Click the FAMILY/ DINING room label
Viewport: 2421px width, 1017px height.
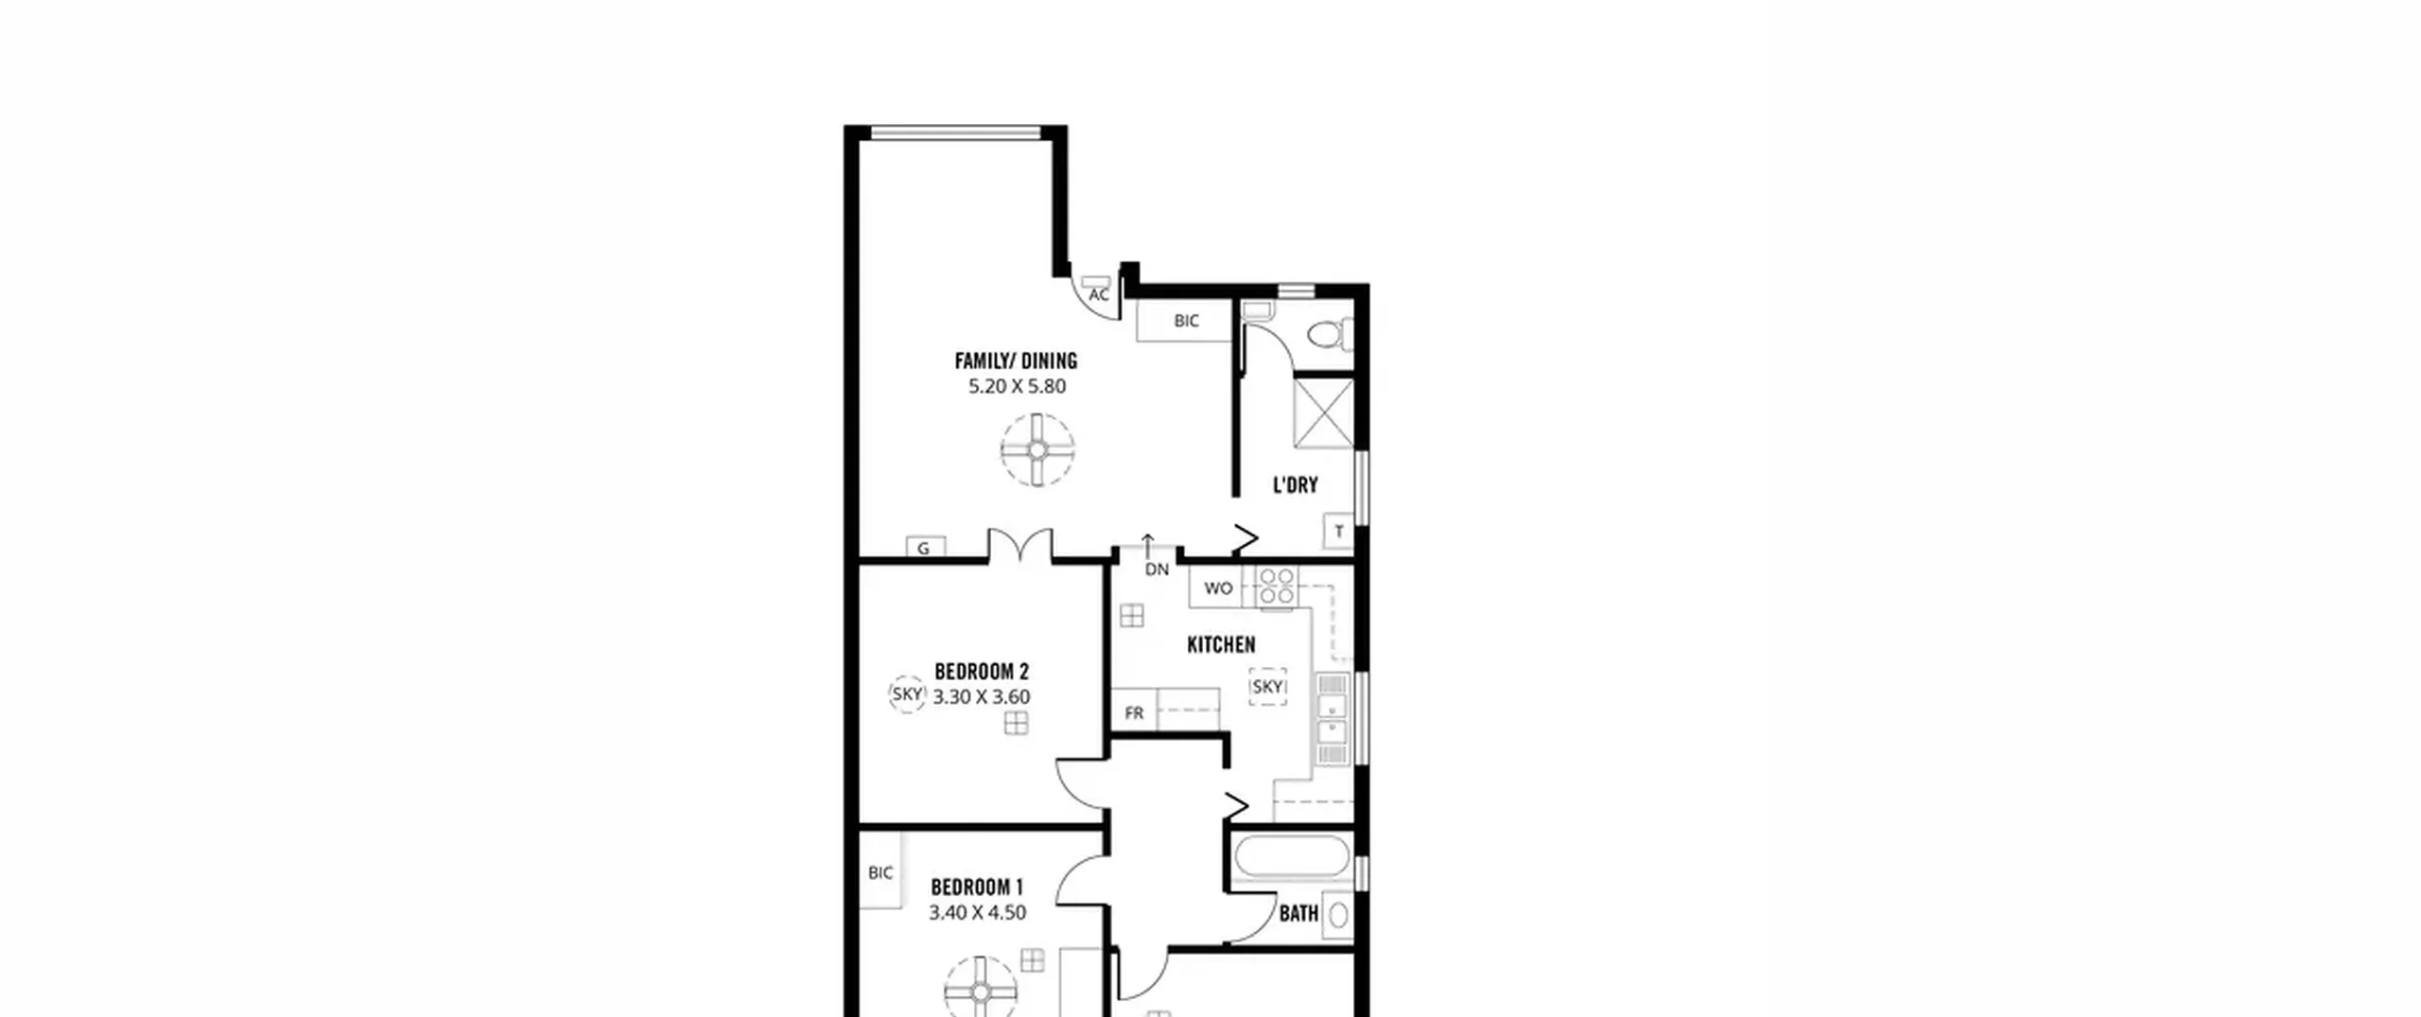coord(1016,360)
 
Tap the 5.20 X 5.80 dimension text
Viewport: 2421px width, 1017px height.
coord(1017,386)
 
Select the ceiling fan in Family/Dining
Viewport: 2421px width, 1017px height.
coord(1037,449)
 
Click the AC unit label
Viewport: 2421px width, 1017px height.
coord(1098,295)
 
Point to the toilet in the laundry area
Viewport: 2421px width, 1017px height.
coord(1330,334)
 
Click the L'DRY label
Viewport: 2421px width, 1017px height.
coord(1295,485)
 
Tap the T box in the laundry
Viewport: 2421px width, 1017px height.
coord(1339,532)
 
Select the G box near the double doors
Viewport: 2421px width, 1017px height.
coord(924,547)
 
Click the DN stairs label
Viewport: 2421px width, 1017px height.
coord(1157,570)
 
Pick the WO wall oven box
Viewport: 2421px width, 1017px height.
coord(1217,587)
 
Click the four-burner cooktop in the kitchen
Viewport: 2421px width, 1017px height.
coord(1277,586)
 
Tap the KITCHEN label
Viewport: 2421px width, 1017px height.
coord(1221,645)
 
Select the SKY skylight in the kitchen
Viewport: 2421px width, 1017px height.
coord(1267,687)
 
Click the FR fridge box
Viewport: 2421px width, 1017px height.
coord(1134,711)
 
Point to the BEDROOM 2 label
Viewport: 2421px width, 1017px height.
coord(982,672)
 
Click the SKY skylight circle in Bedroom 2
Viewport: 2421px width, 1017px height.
coord(907,693)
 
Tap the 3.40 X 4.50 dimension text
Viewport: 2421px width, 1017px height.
coord(977,913)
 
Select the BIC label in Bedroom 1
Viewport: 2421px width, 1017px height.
coord(880,872)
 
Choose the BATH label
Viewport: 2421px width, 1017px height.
coord(1298,914)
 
